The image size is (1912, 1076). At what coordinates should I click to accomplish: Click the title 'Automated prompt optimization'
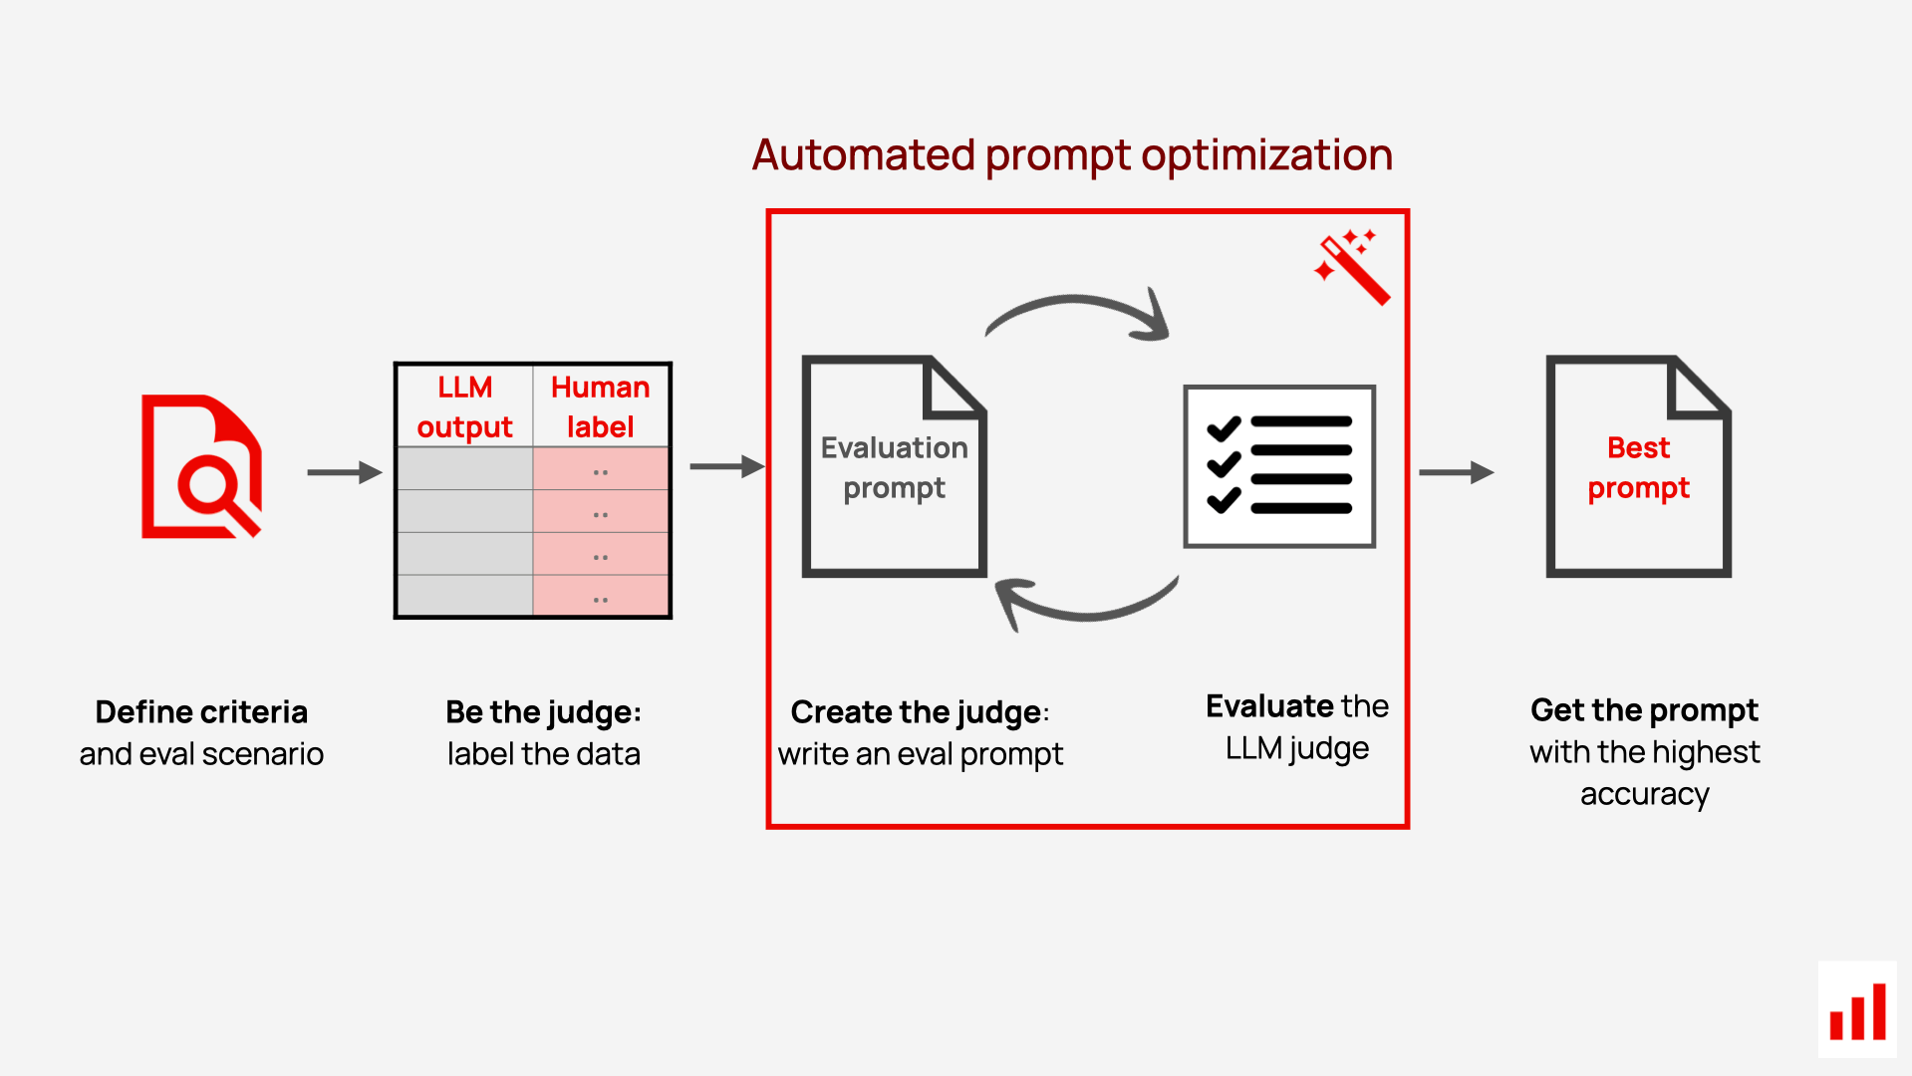pos(1072,155)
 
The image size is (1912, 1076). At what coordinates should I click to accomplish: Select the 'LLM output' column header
pos(464,406)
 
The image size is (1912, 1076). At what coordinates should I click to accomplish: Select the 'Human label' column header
pos(600,406)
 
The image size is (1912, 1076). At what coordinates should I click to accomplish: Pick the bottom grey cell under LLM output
pos(464,597)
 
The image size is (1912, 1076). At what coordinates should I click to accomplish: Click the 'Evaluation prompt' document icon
pos(894,466)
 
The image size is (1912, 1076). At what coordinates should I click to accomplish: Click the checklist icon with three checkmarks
pos(1279,466)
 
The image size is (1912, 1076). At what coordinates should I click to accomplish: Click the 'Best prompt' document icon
pos(1638,466)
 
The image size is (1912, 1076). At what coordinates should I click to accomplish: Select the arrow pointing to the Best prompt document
pos(1456,472)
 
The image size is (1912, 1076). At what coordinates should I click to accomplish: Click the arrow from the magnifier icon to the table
pos(345,472)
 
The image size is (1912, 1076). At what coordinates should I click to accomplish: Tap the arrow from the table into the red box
pos(726,466)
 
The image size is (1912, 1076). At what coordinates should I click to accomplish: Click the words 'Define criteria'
pos(201,712)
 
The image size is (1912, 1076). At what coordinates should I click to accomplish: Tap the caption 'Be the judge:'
pos(543,712)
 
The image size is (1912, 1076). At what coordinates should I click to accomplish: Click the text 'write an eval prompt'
pos(920,754)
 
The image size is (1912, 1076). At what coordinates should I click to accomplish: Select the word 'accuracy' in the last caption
pos(1644,794)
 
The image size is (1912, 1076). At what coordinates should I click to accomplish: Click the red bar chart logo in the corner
pos(1857,1010)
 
